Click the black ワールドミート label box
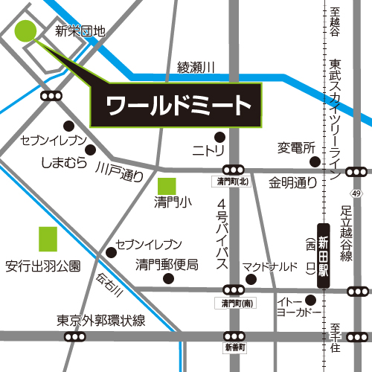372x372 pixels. [x=176, y=104]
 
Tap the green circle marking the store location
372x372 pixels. [x=25, y=32]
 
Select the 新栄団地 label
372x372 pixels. [x=81, y=31]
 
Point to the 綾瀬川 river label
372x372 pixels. [x=196, y=68]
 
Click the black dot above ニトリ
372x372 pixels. [x=219, y=136]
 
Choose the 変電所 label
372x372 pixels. [x=297, y=147]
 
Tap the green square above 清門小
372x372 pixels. [x=167, y=186]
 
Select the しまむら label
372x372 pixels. [x=60, y=161]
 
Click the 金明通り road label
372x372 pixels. [x=293, y=182]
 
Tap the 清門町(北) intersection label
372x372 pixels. [x=234, y=182]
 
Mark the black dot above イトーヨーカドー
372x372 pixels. [x=311, y=300]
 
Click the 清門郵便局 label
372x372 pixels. [x=166, y=265]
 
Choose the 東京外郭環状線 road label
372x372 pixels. [x=101, y=321]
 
